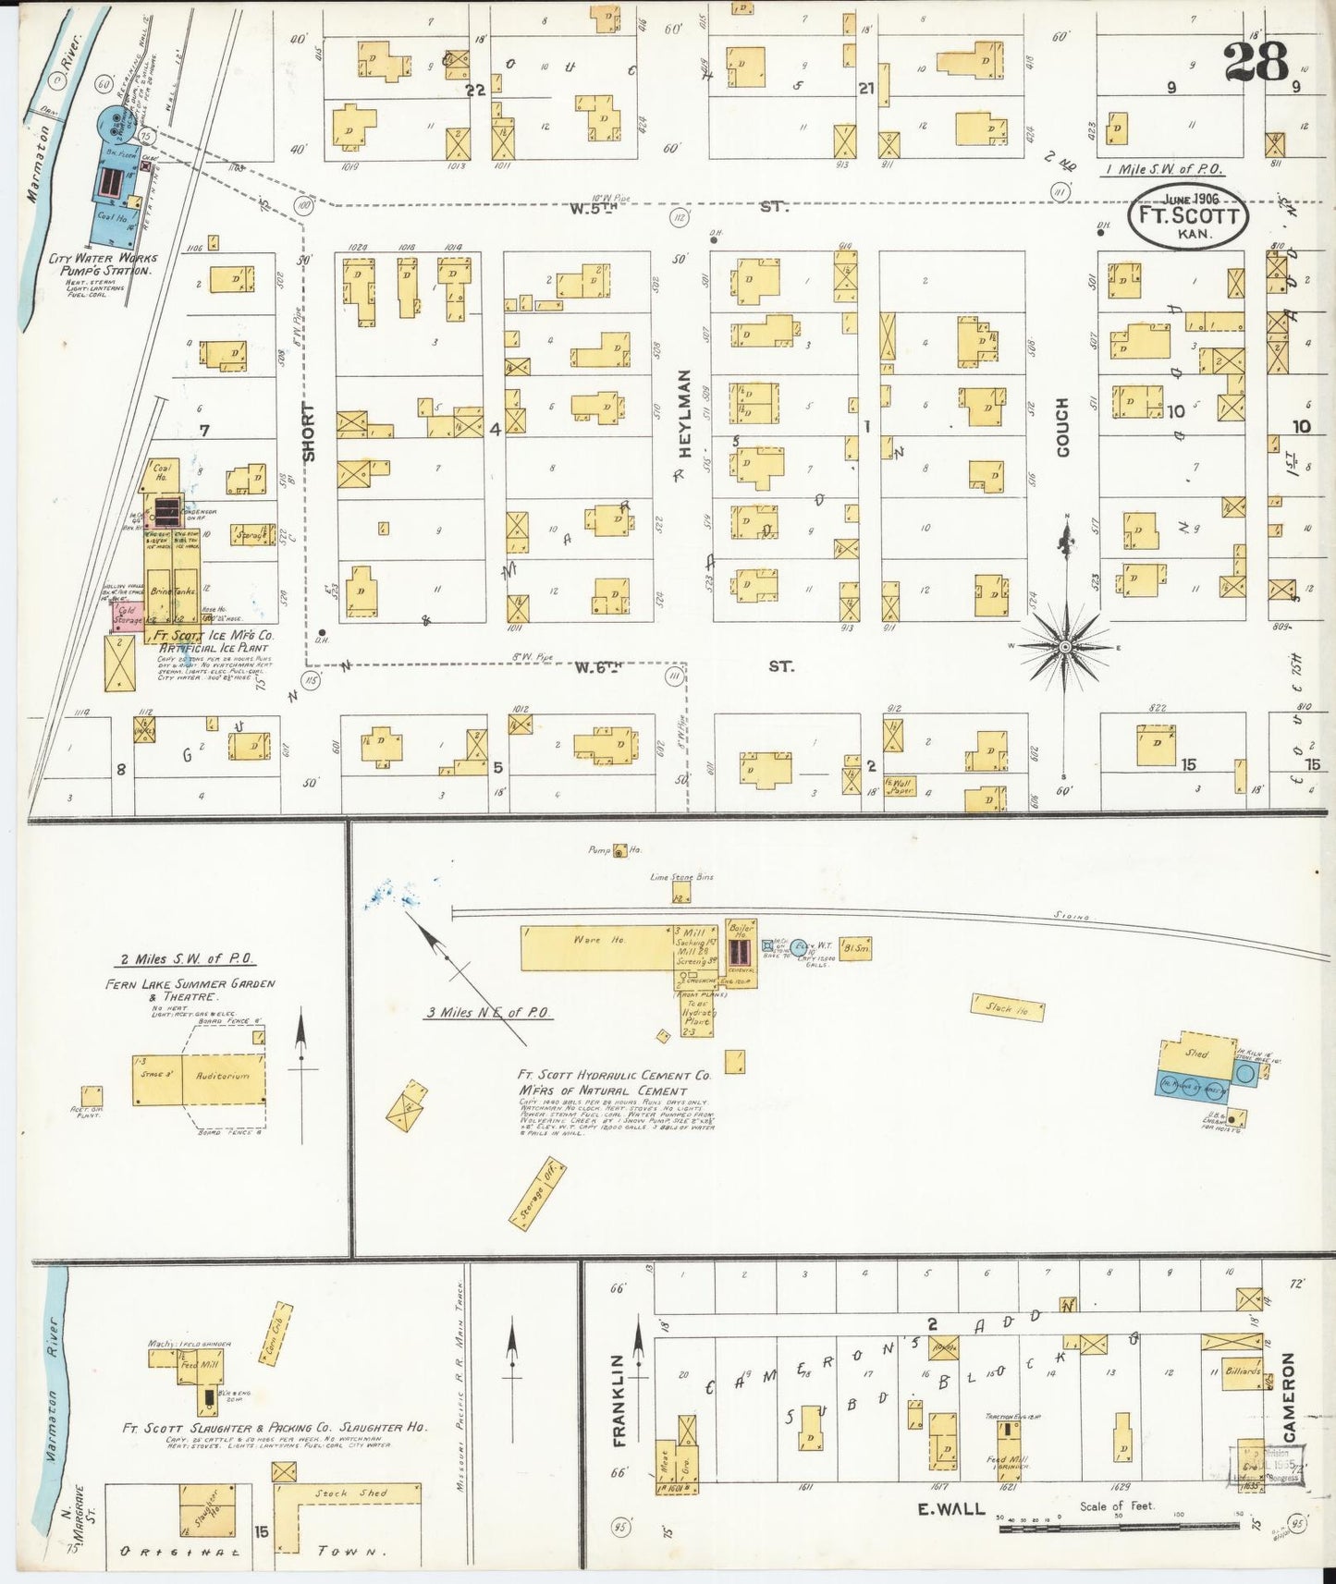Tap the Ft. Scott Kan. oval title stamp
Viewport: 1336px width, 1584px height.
click(1187, 217)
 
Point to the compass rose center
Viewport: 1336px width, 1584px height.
click(1065, 647)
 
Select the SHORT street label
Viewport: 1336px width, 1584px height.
click(309, 432)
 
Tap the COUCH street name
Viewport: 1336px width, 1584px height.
click(1062, 427)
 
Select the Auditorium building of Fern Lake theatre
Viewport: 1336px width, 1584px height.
click(222, 1078)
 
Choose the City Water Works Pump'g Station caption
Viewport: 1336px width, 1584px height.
click(103, 264)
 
